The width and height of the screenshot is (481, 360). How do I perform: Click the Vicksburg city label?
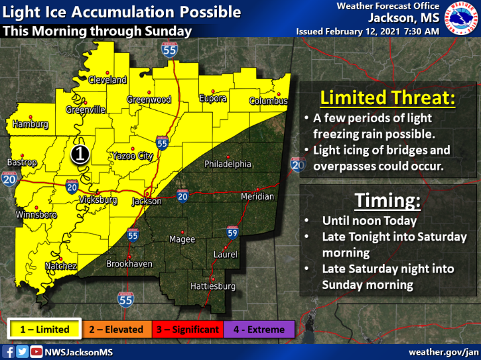coord(98,200)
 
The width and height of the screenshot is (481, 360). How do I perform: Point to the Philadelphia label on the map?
coord(228,164)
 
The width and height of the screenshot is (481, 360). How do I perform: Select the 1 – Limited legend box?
coord(44,330)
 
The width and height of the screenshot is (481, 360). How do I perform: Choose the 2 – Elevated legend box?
coord(117,330)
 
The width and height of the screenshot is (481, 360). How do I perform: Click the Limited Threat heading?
coord(387,98)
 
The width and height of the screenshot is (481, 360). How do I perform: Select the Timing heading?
coord(388,200)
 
